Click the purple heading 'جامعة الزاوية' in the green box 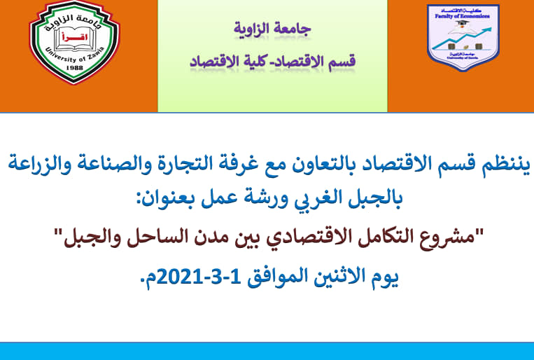272,30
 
